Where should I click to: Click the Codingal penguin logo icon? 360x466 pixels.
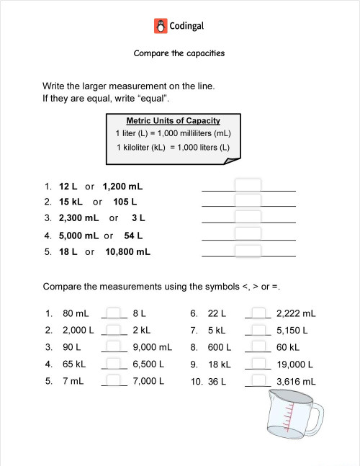pyautogui.click(x=161, y=27)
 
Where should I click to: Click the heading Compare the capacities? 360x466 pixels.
pyautogui.click(x=180, y=53)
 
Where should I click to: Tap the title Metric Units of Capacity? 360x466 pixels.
pyautogui.click(x=173, y=121)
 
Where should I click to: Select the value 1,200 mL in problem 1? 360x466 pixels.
pyautogui.click(x=122, y=186)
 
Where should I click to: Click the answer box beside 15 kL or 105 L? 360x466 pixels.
pyautogui.click(x=248, y=201)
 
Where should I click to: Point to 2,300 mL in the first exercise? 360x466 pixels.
pyautogui.click(x=79, y=218)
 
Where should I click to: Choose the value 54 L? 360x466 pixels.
pyautogui.click(x=134, y=235)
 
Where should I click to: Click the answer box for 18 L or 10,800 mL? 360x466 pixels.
pyautogui.click(x=248, y=251)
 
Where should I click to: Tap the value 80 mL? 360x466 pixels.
pyautogui.click(x=76, y=314)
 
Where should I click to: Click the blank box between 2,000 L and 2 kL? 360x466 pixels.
pyautogui.click(x=114, y=331)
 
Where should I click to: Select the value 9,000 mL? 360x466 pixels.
pyautogui.click(x=153, y=347)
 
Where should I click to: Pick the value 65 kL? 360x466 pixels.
pyautogui.click(x=74, y=364)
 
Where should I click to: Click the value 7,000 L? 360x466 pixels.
pyautogui.click(x=149, y=381)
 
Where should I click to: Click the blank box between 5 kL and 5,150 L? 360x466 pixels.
pyautogui.click(x=258, y=331)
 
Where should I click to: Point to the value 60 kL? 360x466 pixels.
pyautogui.click(x=288, y=347)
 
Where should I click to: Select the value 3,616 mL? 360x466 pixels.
pyautogui.click(x=296, y=381)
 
